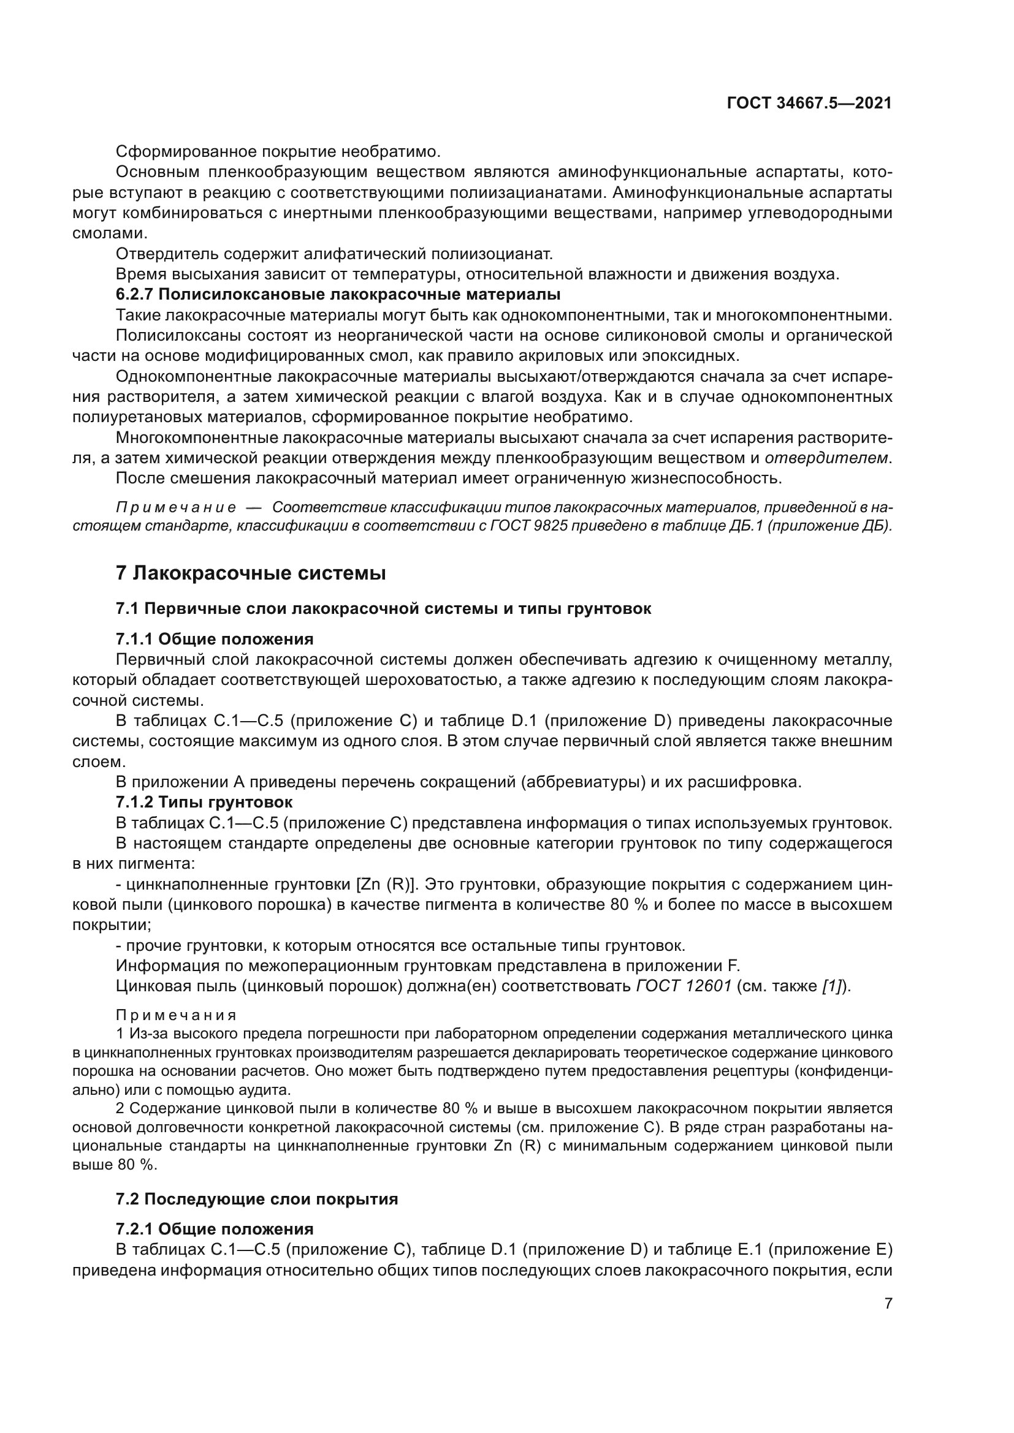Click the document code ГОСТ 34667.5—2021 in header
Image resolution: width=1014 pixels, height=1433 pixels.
[x=809, y=103]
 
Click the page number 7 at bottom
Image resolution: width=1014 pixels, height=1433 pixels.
[x=888, y=1303]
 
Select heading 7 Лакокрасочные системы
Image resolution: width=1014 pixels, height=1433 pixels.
[x=250, y=573]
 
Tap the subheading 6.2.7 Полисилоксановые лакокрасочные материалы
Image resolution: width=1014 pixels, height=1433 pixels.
[x=338, y=294]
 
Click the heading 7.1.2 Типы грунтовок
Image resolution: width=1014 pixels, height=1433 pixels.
[x=204, y=801]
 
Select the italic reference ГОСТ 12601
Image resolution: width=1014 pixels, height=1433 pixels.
[x=684, y=986]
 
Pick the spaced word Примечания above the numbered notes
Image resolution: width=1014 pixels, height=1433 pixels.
[x=177, y=1015]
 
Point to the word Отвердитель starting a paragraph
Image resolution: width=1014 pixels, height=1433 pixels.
[x=166, y=254]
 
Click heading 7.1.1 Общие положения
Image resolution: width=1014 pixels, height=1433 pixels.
[x=214, y=639]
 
